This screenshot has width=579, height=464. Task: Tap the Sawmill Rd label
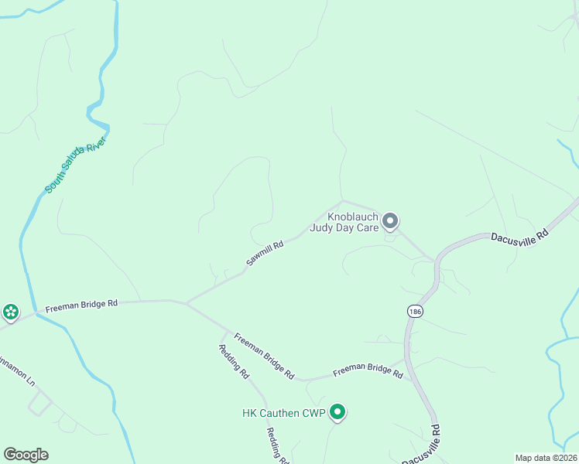tap(266, 254)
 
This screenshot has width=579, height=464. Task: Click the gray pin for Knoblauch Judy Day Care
tap(391, 222)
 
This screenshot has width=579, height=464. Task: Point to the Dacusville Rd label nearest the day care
tap(519, 234)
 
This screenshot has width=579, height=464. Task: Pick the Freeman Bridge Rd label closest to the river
tap(81, 305)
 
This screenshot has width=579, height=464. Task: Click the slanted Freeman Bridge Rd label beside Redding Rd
tap(264, 356)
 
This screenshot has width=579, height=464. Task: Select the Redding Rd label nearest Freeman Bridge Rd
tap(233, 360)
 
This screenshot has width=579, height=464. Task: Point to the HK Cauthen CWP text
tap(282, 412)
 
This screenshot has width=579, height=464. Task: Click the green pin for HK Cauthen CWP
tap(337, 412)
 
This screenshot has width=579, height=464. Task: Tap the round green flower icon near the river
tap(11, 312)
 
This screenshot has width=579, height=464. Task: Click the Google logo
tap(26, 455)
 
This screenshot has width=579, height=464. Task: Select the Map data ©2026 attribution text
tap(546, 458)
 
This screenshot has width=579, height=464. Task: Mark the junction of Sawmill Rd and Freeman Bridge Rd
tap(187, 302)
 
